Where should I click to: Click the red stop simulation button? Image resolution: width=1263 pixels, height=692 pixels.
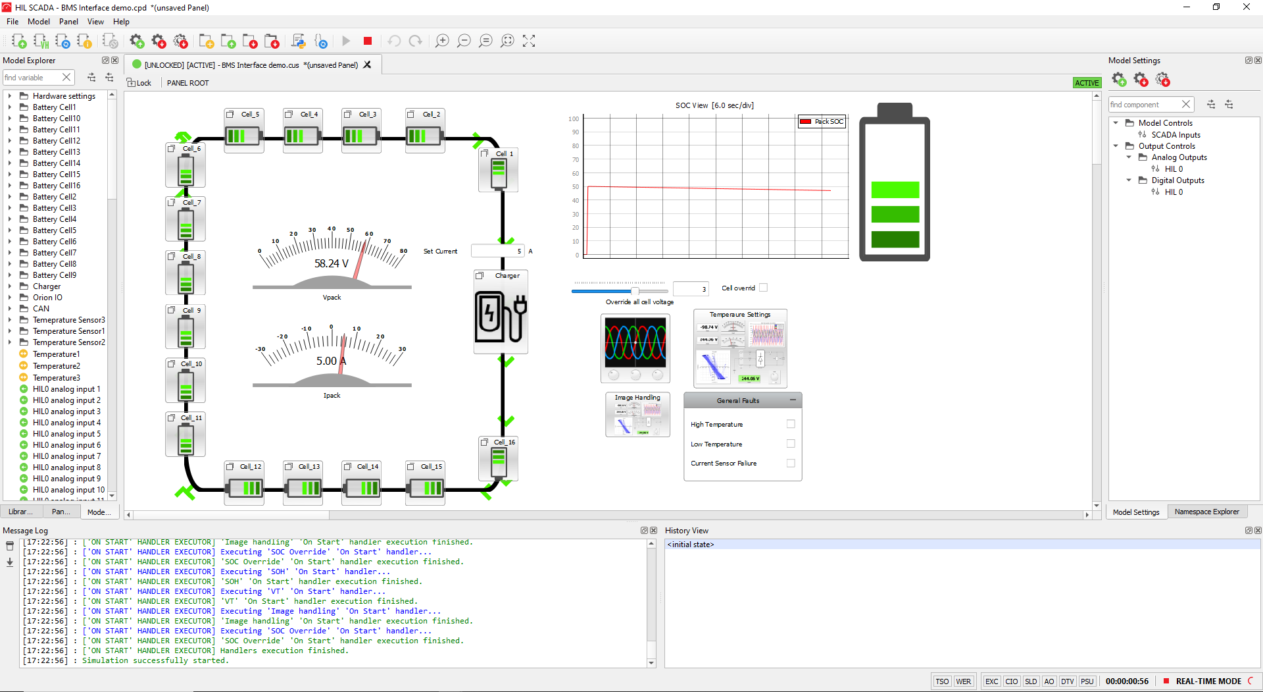368,41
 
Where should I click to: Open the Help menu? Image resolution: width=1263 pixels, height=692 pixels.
121,22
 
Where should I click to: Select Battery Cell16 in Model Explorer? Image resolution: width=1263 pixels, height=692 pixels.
56,186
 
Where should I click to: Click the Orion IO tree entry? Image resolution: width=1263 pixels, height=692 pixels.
47,298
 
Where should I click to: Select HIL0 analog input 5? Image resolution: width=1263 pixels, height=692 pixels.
66,434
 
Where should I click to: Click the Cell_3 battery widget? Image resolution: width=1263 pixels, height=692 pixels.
360,136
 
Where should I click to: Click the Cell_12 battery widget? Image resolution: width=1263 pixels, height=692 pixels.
244,488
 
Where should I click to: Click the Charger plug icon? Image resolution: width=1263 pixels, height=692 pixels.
501,317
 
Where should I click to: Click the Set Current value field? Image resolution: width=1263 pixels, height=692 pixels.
497,251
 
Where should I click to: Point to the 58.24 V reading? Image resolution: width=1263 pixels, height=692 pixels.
331,263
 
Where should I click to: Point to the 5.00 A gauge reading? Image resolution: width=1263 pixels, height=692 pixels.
331,361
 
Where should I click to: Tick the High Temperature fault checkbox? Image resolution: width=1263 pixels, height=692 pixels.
791,424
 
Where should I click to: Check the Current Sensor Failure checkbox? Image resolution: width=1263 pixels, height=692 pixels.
791,463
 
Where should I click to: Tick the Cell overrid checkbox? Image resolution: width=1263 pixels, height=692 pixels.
763,288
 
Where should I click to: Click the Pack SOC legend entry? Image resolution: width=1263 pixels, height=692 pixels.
822,122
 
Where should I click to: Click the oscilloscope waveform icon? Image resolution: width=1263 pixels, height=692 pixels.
635,342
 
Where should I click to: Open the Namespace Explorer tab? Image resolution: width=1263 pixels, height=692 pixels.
1206,512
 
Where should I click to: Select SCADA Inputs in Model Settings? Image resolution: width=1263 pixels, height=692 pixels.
1175,135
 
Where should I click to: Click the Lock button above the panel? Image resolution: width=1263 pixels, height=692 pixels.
139,83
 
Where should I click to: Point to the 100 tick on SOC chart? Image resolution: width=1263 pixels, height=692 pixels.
574,119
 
